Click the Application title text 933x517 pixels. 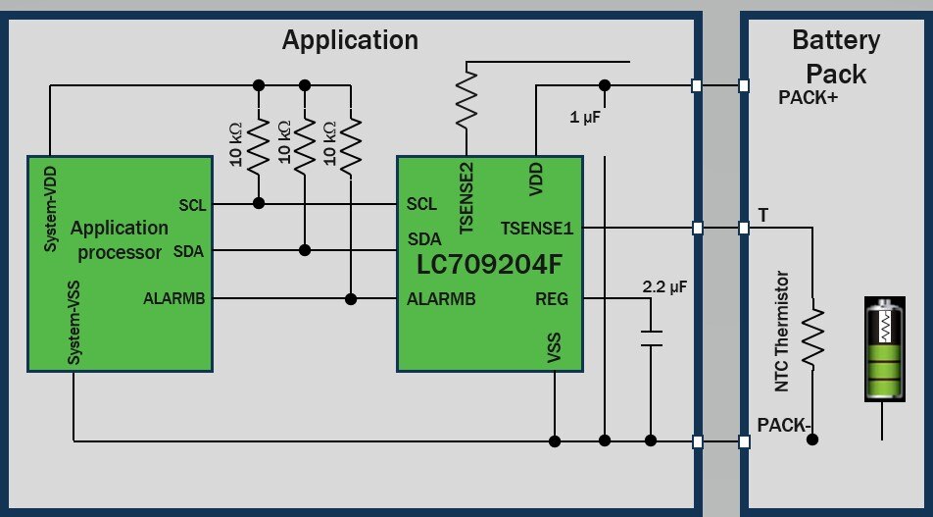[x=350, y=40]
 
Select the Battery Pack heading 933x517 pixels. [x=836, y=57]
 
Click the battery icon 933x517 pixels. [x=885, y=349]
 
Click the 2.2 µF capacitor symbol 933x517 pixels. [x=650, y=338]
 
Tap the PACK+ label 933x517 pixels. [x=808, y=98]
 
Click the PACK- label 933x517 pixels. [x=782, y=425]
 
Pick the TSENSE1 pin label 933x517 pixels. [x=536, y=228]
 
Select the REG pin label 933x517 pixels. [x=552, y=299]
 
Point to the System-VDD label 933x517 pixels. [x=51, y=208]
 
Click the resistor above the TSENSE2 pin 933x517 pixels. [x=467, y=98]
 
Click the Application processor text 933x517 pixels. [x=119, y=239]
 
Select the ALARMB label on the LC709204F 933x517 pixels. [x=441, y=299]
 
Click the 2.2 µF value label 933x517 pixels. [x=665, y=288]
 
